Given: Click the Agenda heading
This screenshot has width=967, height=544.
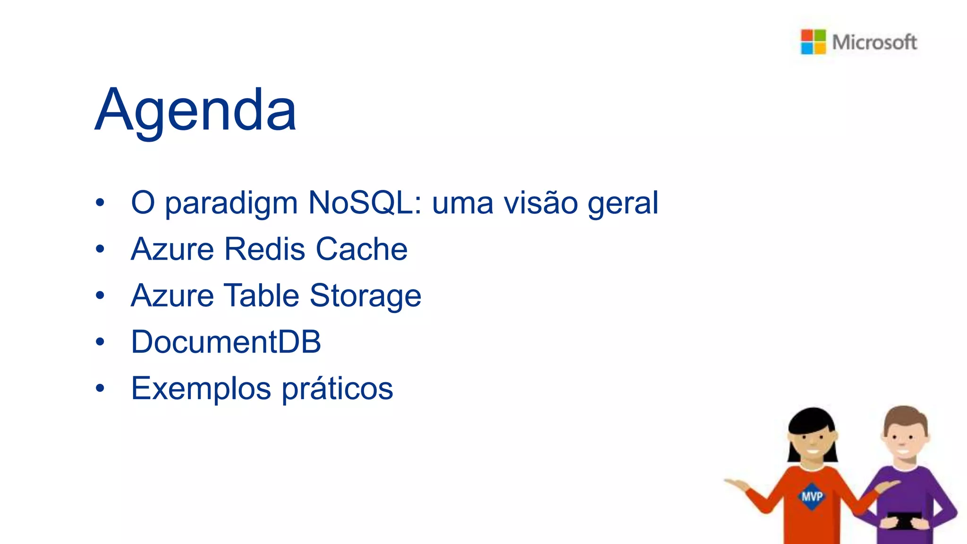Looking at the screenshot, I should tap(195, 110).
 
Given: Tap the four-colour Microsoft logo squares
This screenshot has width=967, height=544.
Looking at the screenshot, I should tap(813, 42).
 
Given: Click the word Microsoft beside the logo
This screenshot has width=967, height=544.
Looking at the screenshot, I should tap(874, 42).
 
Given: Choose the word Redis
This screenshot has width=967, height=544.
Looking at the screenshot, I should tap(264, 249).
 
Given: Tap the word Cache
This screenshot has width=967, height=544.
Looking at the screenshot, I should tap(361, 249).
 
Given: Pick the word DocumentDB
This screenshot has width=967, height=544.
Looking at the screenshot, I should tap(226, 341).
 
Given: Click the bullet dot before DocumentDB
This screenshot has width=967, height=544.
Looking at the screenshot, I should tap(100, 341).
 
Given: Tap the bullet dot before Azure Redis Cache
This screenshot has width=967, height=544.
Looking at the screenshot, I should tap(100, 249).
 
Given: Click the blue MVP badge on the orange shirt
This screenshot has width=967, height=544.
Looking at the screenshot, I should tap(812, 496).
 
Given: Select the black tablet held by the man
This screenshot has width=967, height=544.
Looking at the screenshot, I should tap(903, 521).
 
